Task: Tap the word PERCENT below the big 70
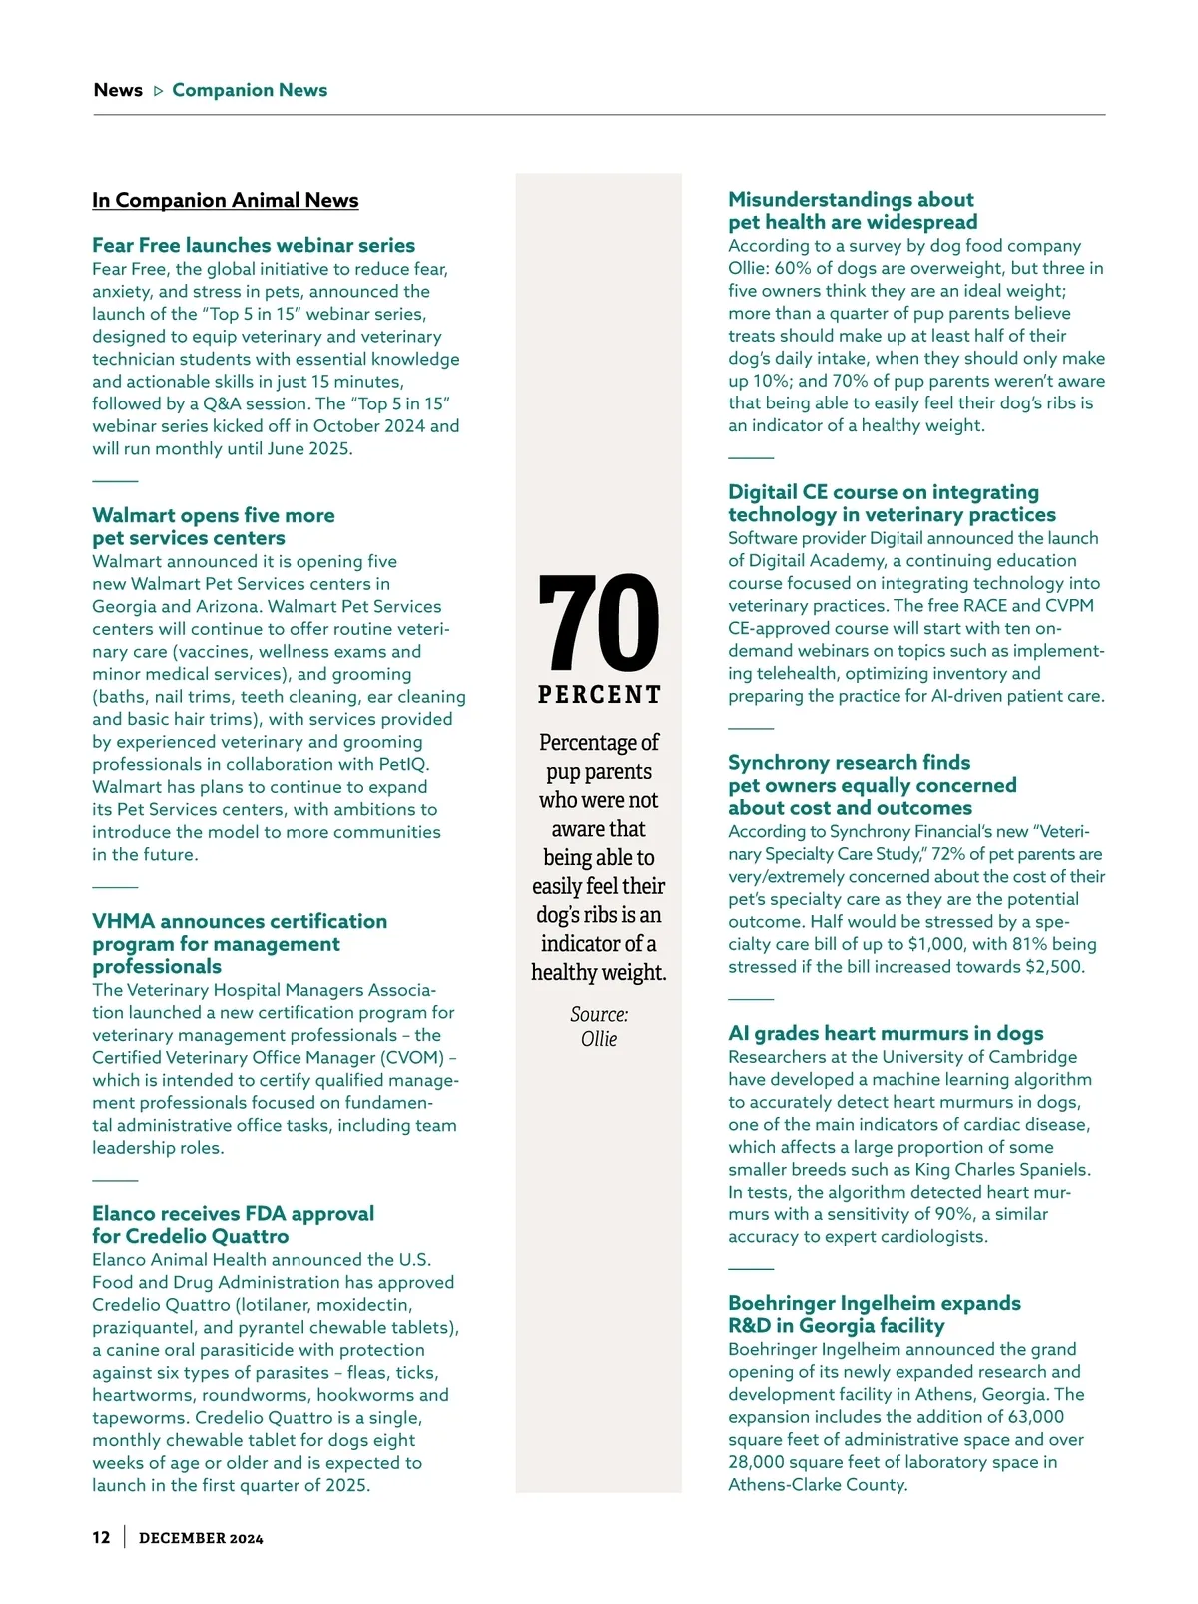click(x=599, y=695)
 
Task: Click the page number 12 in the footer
click(x=101, y=1537)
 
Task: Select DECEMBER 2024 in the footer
click(x=201, y=1538)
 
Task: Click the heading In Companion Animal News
click(x=225, y=200)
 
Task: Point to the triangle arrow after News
click(x=158, y=91)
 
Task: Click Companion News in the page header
click(x=250, y=90)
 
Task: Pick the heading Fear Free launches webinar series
click(x=254, y=245)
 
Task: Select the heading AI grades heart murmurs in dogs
click(x=886, y=1033)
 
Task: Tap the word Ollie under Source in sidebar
click(x=599, y=1039)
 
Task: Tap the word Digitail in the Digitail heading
click(x=764, y=492)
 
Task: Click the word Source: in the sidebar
click(x=599, y=1014)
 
